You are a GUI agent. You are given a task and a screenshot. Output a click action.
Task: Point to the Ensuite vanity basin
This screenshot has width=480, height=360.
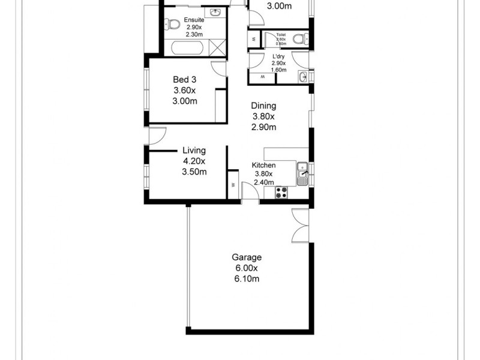(x=215, y=13)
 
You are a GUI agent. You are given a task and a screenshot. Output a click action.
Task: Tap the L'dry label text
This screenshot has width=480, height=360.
(x=278, y=56)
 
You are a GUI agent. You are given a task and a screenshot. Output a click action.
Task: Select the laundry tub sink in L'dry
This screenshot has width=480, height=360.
(x=303, y=76)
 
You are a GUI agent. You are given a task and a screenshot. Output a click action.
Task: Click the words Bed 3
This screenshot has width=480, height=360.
(x=185, y=80)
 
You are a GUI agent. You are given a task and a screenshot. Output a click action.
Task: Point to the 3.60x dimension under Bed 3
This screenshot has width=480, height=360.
(x=185, y=91)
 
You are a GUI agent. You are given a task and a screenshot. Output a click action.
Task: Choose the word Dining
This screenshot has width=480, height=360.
(x=263, y=106)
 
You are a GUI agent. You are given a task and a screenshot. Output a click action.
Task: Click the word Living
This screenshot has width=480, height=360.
(x=194, y=151)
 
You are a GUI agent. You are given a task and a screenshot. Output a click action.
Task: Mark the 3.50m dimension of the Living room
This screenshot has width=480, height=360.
(x=194, y=172)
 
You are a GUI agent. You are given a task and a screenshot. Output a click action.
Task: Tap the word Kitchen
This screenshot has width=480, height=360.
(x=263, y=165)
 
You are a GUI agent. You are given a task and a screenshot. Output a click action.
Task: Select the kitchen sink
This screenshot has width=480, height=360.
(x=302, y=173)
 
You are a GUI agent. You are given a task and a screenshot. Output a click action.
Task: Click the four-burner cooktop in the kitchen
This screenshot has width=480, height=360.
(x=281, y=193)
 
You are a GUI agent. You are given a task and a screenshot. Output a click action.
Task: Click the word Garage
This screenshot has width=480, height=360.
(x=247, y=257)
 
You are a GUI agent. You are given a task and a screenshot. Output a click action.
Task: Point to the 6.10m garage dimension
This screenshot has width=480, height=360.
(x=247, y=279)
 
